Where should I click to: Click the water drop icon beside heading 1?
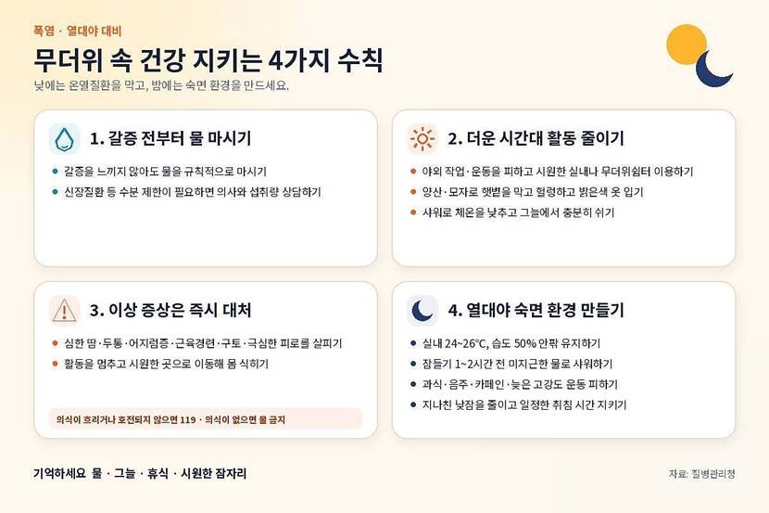(x=64, y=139)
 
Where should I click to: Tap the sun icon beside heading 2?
(x=422, y=139)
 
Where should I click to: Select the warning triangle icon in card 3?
(x=64, y=311)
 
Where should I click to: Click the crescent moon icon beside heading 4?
(x=422, y=311)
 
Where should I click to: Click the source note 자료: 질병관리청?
(x=701, y=474)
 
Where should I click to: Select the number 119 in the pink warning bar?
(x=188, y=419)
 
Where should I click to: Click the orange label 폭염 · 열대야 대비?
(x=77, y=31)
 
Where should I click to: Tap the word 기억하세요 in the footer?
(x=59, y=474)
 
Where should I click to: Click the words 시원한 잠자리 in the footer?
(x=213, y=474)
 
